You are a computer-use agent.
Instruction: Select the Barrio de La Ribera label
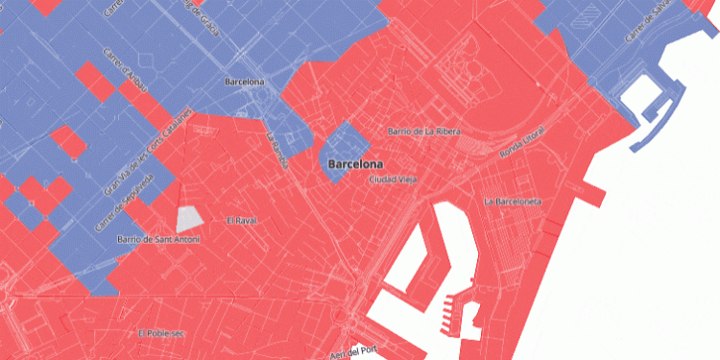(x=423, y=131)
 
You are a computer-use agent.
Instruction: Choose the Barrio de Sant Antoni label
(x=158, y=238)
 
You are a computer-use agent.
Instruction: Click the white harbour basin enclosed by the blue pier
(x=637, y=96)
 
